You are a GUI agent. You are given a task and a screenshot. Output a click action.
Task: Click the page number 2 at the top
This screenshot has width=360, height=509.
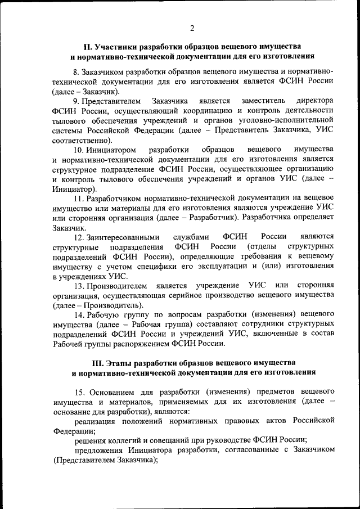coord(191,29)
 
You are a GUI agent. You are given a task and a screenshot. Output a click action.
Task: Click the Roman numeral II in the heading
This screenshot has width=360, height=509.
coord(87,46)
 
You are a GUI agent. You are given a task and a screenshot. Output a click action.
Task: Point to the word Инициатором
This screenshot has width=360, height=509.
coord(112,150)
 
